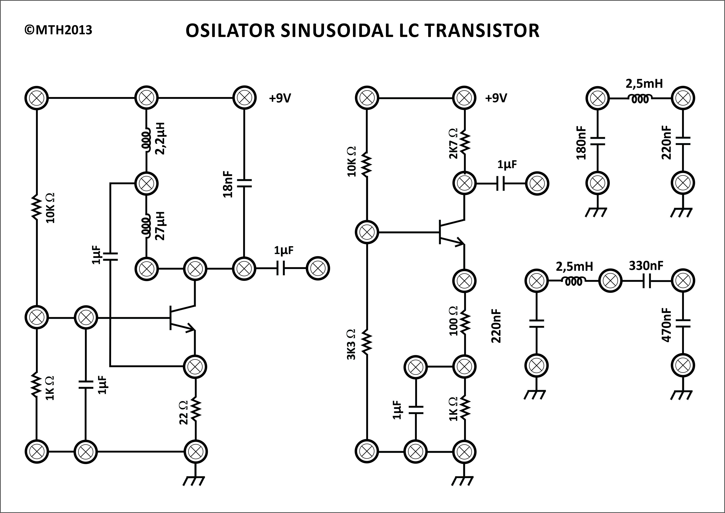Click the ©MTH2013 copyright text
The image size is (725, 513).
pos(58,30)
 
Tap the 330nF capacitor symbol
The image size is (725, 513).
pos(646,280)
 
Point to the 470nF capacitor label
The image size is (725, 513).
pos(666,325)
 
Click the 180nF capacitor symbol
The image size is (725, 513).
pos(597,141)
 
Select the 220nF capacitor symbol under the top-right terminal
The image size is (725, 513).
pos(683,141)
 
